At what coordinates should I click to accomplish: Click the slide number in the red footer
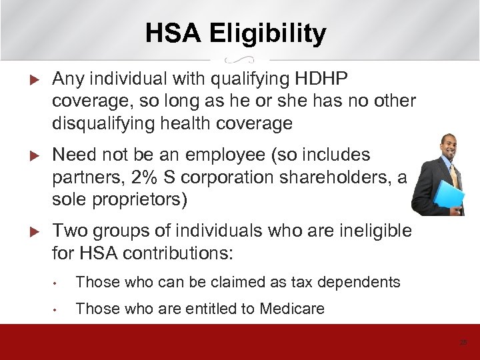click(463, 342)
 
